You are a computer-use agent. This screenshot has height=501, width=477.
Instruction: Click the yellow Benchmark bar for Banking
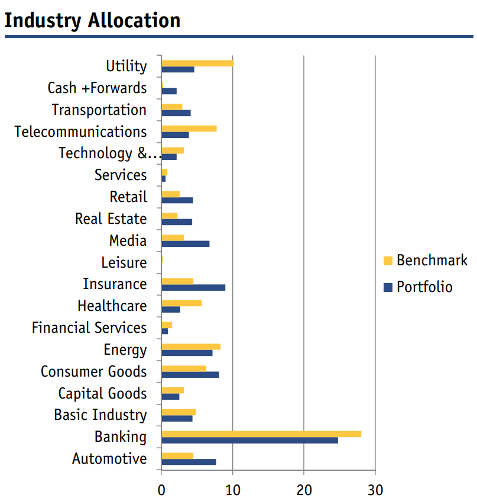[x=261, y=434]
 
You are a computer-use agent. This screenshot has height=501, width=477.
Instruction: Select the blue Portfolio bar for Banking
[x=249, y=440]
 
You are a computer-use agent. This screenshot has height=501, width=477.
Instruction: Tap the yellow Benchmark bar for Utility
[x=197, y=63]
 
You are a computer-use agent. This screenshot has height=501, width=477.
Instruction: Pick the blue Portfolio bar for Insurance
[x=193, y=288]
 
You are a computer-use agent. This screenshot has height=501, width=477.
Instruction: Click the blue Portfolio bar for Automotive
[x=189, y=462]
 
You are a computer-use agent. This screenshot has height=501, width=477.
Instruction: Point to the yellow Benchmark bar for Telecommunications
[x=189, y=129]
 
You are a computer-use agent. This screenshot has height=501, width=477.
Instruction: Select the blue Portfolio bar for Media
[x=186, y=244]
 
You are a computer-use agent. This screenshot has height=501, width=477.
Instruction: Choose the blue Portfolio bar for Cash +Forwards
[x=169, y=91]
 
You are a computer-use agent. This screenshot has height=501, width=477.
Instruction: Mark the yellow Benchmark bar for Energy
[x=191, y=346]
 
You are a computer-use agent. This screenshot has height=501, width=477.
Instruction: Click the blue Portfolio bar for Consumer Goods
[x=190, y=375]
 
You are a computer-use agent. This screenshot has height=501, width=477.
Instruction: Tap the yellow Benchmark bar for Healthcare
[x=181, y=303]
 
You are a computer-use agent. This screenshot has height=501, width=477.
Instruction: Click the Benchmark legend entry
[x=426, y=261]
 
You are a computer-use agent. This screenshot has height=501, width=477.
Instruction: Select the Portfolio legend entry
[x=418, y=287]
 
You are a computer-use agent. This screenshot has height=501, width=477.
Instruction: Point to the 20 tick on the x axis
[x=304, y=470]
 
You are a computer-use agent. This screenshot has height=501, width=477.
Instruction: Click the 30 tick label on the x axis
[x=375, y=490]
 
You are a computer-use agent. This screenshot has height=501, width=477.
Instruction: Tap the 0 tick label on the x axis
[x=161, y=490]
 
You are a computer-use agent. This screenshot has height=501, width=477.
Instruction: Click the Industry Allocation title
[x=92, y=21]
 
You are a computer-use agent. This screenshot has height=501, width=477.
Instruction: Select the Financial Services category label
[x=89, y=328]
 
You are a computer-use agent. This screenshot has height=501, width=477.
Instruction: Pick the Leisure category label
[x=124, y=263]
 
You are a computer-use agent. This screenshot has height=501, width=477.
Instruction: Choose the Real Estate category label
[x=111, y=219]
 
